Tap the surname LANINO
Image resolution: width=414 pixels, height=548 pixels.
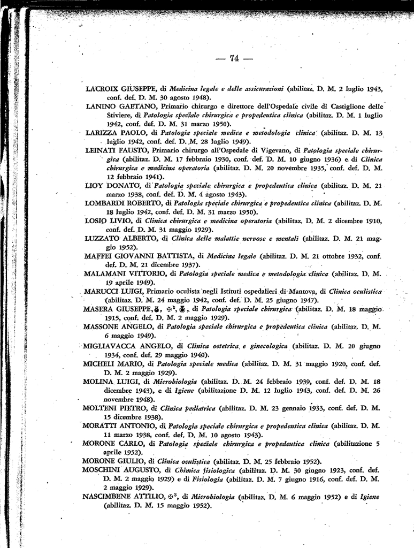(101, 106)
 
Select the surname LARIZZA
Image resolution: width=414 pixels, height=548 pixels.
(103, 132)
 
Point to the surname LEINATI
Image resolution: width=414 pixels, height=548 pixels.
(102, 150)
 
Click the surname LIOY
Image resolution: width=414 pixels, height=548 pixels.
(94, 185)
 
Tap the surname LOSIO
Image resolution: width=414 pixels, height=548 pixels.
(97, 220)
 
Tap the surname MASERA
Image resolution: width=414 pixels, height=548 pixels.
(100, 309)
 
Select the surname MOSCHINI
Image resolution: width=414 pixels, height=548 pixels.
(105, 469)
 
